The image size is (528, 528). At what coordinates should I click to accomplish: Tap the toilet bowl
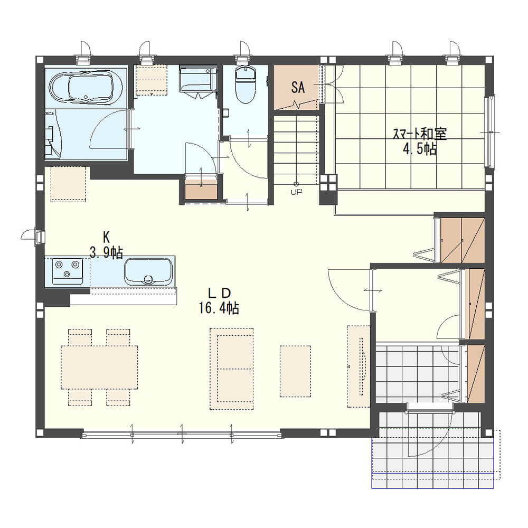[245, 84]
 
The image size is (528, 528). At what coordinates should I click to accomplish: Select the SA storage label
[298, 88]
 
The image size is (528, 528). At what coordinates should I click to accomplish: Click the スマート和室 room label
[420, 134]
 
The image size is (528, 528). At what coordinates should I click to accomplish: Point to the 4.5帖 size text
[420, 148]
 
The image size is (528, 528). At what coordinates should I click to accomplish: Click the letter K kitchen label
[106, 238]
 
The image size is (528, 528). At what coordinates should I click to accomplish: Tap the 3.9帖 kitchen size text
[106, 252]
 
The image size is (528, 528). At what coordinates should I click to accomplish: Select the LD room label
[219, 294]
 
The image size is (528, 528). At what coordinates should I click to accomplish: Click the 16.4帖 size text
[219, 308]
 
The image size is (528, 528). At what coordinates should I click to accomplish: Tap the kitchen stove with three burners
[68, 271]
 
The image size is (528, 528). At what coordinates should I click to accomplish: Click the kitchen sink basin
[148, 272]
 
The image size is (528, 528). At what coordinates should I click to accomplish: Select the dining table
[99, 367]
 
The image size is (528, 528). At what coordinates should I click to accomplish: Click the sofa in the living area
[232, 369]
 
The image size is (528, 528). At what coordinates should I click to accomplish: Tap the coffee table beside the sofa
[295, 371]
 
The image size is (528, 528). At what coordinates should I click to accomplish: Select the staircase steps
[296, 150]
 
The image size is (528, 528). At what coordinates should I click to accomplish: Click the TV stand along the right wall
[359, 366]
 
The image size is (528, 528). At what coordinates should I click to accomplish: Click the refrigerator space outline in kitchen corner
[68, 184]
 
